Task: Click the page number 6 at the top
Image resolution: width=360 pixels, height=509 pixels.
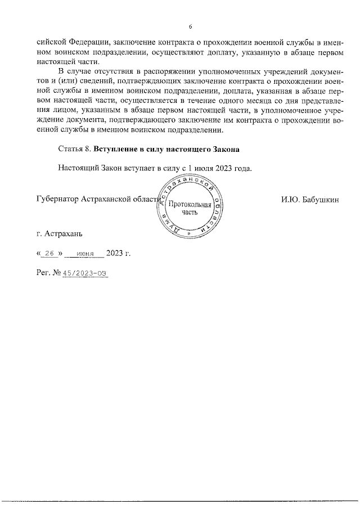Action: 190,27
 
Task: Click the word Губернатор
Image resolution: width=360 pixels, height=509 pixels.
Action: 57,199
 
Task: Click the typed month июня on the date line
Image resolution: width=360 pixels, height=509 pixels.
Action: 84,254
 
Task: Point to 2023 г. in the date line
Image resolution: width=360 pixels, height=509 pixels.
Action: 118,253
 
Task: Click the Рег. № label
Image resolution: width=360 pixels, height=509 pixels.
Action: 48,273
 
